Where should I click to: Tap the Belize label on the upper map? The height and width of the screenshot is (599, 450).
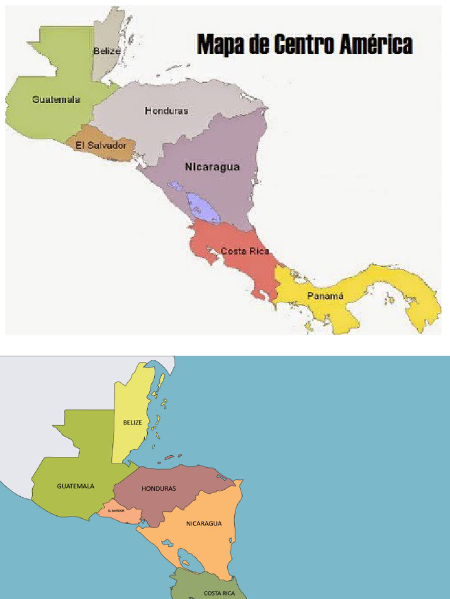tap(107, 51)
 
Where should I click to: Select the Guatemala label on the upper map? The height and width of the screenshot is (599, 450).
tap(56, 99)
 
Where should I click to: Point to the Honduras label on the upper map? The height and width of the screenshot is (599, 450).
tap(166, 111)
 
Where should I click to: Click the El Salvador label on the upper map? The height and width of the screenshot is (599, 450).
tap(101, 145)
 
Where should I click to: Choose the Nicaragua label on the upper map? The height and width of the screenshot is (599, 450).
tap(212, 167)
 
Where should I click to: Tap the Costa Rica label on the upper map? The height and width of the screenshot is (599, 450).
tap(245, 252)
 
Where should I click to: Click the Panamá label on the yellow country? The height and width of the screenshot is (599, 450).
tap(325, 296)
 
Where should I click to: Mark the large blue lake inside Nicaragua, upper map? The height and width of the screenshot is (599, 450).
tap(203, 208)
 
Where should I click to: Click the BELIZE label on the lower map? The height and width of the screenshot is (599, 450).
tap(132, 422)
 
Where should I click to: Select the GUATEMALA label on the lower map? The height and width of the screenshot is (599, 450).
tap(76, 486)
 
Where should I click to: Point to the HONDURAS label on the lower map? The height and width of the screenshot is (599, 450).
tap(158, 488)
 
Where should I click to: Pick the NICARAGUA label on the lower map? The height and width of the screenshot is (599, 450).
tap(204, 524)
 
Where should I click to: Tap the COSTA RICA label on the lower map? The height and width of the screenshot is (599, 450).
tap(219, 593)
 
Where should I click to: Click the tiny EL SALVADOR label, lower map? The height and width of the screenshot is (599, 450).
tap(116, 510)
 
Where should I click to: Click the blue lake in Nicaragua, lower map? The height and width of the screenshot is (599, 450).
tap(190, 557)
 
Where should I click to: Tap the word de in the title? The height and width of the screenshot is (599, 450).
tap(259, 44)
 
